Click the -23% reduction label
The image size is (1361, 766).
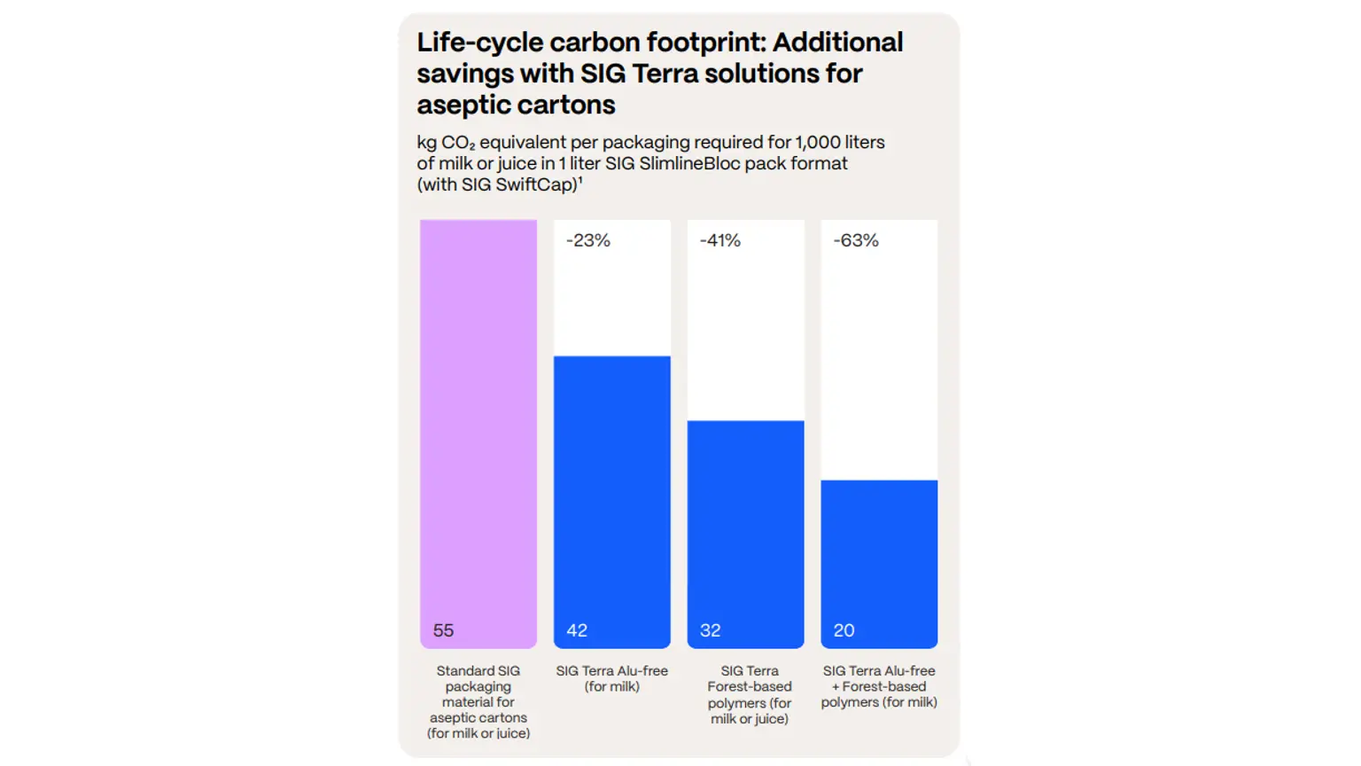click(x=588, y=240)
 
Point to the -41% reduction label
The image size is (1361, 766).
click(x=720, y=240)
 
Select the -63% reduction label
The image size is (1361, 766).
click(x=856, y=240)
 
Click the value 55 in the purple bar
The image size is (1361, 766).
click(x=443, y=630)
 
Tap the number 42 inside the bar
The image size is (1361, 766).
click(x=577, y=630)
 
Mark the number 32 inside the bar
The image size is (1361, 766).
click(x=711, y=630)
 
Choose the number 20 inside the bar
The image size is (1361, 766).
click(x=844, y=630)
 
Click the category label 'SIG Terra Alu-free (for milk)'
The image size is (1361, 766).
click(x=611, y=678)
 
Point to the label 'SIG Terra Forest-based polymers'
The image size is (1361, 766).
click(x=749, y=694)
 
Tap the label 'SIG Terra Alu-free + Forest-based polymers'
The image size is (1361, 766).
click(x=878, y=686)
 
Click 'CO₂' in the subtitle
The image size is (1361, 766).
click(x=458, y=143)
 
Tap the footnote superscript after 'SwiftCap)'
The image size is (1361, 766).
click(x=580, y=180)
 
